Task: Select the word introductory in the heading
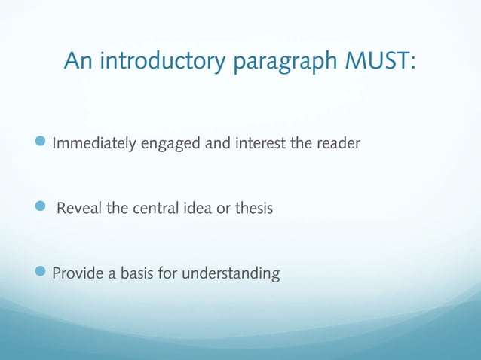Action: tap(161, 62)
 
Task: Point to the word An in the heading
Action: tap(78, 61)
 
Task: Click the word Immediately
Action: tap(93, 143)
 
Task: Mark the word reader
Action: tap(340, 142)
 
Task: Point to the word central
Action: tap(156, 209)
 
